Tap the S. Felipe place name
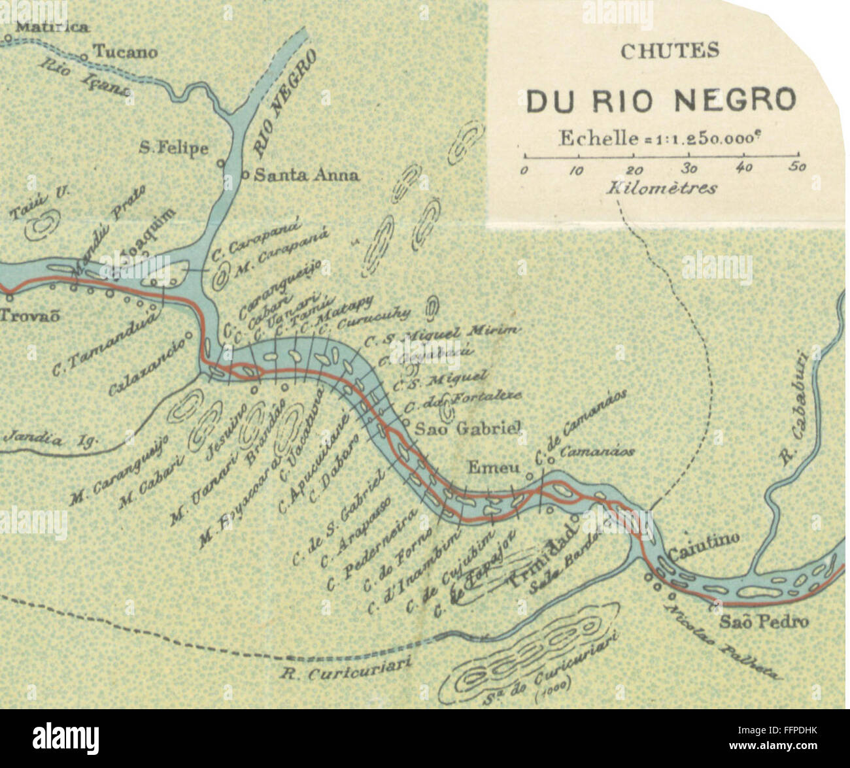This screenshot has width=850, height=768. [x=174, y=148]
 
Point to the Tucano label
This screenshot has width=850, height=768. [x=126, y=52]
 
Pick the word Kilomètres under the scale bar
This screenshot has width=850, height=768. [x=662, y=188]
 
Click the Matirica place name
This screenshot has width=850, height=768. [x=52, y=27]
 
